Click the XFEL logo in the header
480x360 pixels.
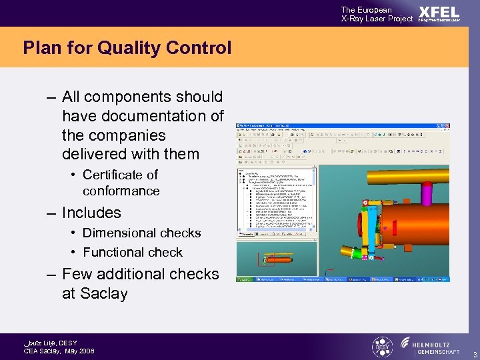(x=439, y=13)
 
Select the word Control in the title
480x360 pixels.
(x=202, y=48)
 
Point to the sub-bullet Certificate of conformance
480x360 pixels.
(x=121, y=183)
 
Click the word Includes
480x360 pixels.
(x=91, y=213)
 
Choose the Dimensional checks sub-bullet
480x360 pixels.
(x=141, y=233)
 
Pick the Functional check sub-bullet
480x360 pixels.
(x=132, y=252)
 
